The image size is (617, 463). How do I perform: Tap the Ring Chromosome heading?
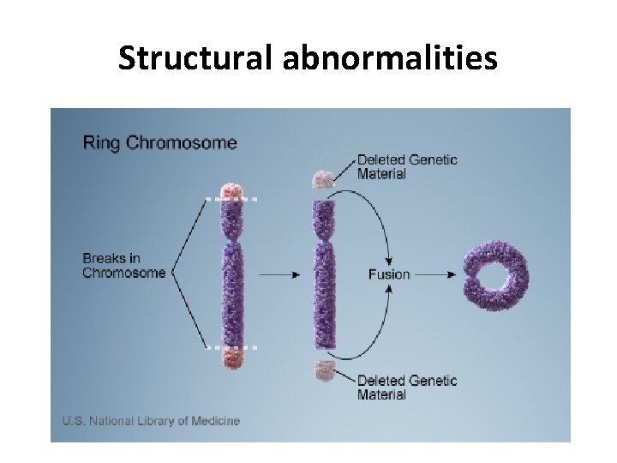(159, 142)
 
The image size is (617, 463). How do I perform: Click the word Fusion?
(389, 274)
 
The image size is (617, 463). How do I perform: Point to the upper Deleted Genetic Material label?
(407, 166)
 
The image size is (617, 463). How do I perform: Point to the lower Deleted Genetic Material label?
(407, 388)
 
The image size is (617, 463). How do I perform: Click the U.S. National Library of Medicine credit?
(151, 420)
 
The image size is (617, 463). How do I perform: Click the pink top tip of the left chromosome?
(233, 190)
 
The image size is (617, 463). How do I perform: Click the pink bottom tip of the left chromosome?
(233, 358)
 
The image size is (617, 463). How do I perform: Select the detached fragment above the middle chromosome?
(322, 179)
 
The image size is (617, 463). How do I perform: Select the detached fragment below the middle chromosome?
(323, 370)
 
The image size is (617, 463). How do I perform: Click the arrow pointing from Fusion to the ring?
(437, 274)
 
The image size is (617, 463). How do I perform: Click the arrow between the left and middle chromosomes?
(279, 274)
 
